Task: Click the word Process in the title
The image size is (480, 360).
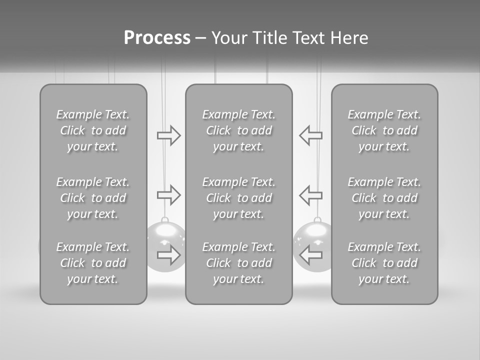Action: point(157,38)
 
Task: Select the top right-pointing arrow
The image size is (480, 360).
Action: point(168,135)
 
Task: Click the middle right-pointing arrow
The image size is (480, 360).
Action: point(168,194)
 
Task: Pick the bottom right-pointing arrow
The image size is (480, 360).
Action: point(168,255)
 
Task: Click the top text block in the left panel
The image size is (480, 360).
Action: point(93,130)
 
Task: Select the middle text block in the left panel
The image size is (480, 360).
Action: point(93,198)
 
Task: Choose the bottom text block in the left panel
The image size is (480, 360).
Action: point(93,263)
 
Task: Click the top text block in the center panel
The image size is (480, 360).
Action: point(238,130)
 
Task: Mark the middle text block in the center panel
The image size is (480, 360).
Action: point(238,198)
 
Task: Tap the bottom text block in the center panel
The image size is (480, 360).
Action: point(238,263)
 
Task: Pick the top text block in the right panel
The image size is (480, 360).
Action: point(384,130)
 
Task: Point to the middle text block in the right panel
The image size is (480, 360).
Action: point(384,198)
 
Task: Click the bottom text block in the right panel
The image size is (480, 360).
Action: point(384,263)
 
